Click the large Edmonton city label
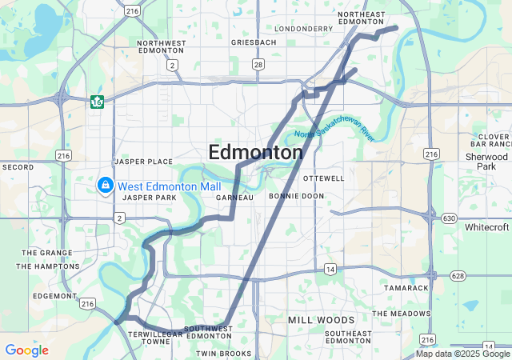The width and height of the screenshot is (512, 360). pos(255,152)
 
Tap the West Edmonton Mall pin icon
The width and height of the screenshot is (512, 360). pos(104,186)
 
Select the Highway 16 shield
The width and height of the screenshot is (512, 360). pos(97,102)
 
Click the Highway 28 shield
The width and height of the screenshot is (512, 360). pos(258,64)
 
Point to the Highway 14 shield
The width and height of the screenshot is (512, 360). pos(330,270)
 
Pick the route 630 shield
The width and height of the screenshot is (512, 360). pos(449,218)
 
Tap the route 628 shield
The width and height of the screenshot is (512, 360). pos(458,276)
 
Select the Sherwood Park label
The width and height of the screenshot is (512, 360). pos(486,162)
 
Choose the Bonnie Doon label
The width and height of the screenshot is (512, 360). pos(296,196)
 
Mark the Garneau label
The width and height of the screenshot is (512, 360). pos(234,197)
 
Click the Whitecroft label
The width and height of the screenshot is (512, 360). pos(487,227)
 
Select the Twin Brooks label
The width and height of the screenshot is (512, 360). pos(224,353)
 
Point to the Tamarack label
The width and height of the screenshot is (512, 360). pos(406,287)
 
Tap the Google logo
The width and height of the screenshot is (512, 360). pos(26,350)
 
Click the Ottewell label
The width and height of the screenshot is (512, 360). pos(324,178)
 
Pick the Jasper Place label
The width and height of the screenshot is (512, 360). pos(143,161)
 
